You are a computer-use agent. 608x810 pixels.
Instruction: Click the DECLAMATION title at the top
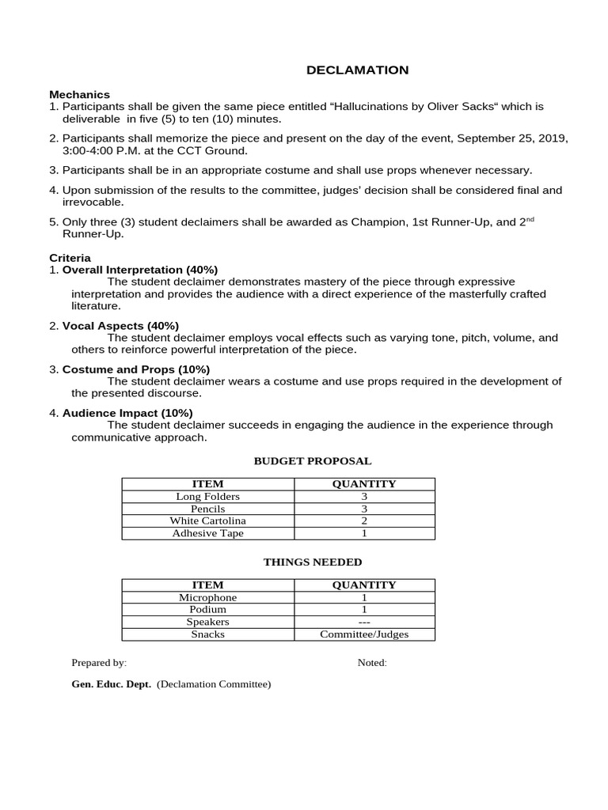[x=358, y=70]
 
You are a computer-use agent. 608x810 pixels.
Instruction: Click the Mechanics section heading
[x=79, y=94]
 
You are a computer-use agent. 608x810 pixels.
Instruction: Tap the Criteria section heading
[x=70, y=258]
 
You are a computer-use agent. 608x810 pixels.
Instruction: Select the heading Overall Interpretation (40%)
[x=139, y=270]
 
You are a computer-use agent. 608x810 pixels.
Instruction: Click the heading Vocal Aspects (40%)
[x=120, y=326]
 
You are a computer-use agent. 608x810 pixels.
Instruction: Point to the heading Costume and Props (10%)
[x=135, y=369]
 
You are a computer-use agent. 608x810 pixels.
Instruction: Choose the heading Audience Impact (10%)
[x=127, y=413]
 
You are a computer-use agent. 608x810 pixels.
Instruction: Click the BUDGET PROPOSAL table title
[x=312, y=461]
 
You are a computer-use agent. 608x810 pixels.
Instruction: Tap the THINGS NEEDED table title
[x=312, y=562]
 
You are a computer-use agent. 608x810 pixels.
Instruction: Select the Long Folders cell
[x=207, y=497]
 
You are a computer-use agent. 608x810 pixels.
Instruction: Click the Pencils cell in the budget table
[x=207, y=509]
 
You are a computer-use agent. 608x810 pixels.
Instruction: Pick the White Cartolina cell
[x=207, y=521]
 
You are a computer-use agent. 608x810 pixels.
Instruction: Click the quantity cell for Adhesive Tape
[x=364, y=534]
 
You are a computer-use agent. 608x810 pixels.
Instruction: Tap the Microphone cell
[x=207, y=598]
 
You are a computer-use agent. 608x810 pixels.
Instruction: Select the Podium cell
[x=207, y=610]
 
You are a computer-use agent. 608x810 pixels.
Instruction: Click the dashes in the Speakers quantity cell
[x=364, y=623]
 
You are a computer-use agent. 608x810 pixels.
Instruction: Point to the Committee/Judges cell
[x=364, y=634]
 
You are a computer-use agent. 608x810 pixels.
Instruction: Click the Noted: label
[x=372, y=663]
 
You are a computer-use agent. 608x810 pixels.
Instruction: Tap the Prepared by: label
[x=99, y=663]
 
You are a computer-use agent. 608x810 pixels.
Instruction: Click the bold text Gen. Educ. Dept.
[x=111, y=684]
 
